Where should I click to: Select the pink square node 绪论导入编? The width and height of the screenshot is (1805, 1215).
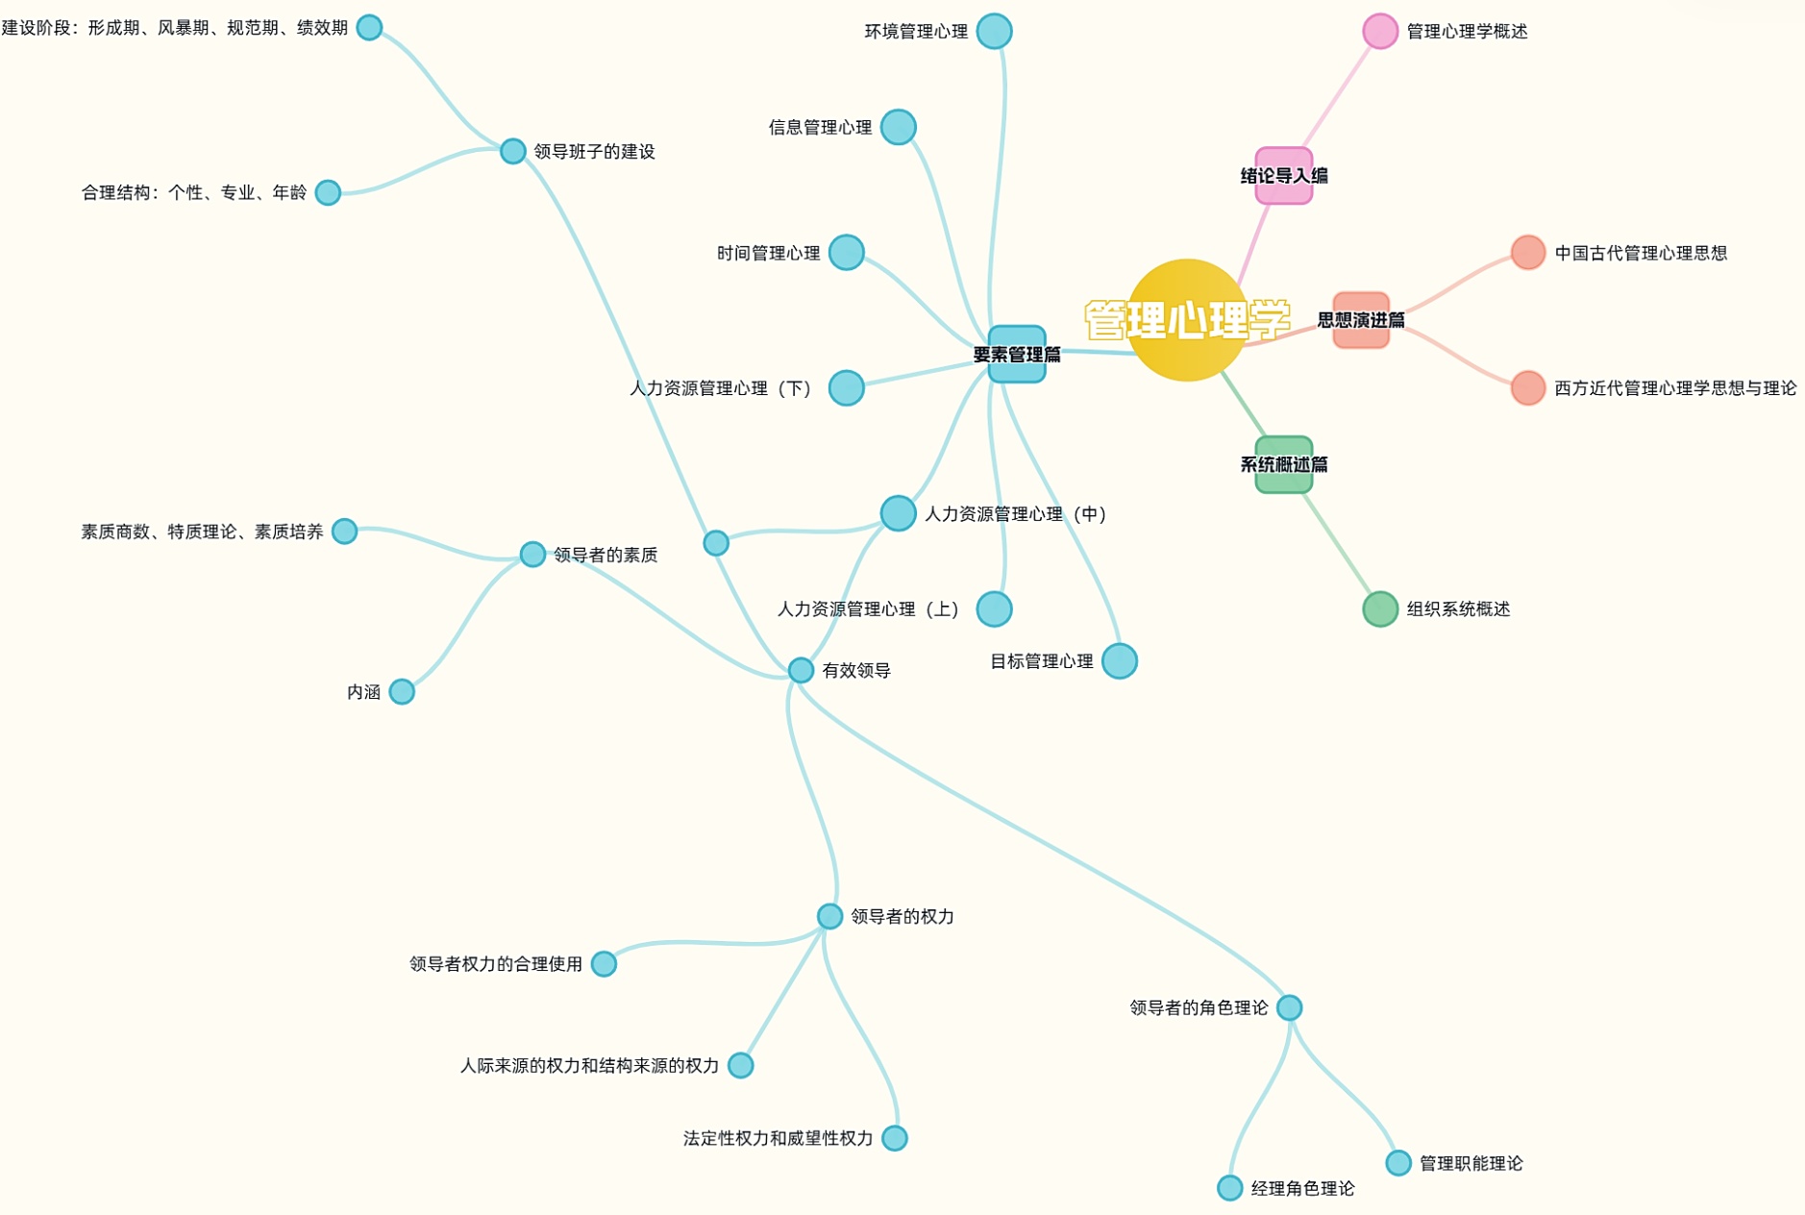click(1283, 176)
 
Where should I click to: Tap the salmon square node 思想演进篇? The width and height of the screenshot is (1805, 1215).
click(1360, 320)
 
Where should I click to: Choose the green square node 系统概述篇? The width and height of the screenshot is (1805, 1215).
click(1283, 464)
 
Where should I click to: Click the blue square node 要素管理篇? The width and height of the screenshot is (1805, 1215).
click(1017, 354)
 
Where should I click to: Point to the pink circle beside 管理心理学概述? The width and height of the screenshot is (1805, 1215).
click(1379, 31)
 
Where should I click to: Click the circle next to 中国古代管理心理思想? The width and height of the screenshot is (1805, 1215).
click(1527, 253)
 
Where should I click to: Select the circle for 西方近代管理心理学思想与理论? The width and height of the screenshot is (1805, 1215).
click(1527, 387)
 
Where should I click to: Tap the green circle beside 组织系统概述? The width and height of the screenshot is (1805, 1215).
click(1379, 608)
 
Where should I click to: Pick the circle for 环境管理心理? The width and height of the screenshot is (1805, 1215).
click(994, 31)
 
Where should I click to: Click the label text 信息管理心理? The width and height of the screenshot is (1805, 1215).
click(820, 127)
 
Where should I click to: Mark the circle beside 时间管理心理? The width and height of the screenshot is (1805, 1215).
click(846, 253)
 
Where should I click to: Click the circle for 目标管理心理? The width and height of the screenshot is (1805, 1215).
click(1119, 660)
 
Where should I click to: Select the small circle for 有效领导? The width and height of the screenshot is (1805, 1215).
click(801, 670)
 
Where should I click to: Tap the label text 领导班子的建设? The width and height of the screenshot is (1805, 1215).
click(594, 152)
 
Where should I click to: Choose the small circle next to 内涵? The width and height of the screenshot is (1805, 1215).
click(402, 691)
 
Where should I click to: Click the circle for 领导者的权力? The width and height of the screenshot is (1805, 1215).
click(829, 916)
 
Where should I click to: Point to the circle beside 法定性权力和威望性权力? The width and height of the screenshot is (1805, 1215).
click(894, 1138)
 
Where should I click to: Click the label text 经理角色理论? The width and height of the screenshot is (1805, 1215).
click(1302, 1189)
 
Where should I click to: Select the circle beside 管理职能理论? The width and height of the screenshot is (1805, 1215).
click(1397, 1163)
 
